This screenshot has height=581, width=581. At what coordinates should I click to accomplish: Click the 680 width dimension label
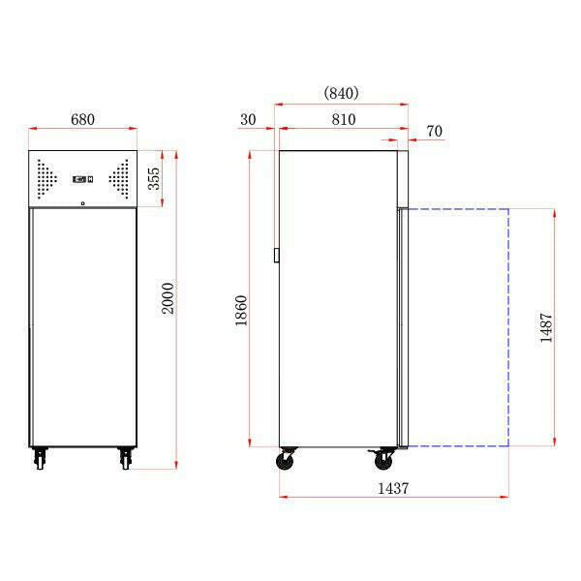point(82,119)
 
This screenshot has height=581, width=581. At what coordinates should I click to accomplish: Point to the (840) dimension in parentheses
point(340,93)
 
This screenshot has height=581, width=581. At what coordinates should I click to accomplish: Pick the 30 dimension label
point(247,120)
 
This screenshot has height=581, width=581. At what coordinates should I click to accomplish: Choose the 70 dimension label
point(434,130)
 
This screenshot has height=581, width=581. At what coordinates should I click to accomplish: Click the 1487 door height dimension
point(547,326)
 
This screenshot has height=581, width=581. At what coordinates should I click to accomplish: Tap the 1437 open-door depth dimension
point(392,489)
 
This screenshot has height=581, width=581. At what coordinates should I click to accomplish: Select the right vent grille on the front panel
point(120,178)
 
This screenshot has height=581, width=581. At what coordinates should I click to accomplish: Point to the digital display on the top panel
point(82,178)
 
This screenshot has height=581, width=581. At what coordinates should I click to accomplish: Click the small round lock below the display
point(82,202)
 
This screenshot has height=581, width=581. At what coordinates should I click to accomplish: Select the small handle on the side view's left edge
point(277,256)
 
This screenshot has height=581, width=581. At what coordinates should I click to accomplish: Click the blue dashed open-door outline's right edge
point(509,326)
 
